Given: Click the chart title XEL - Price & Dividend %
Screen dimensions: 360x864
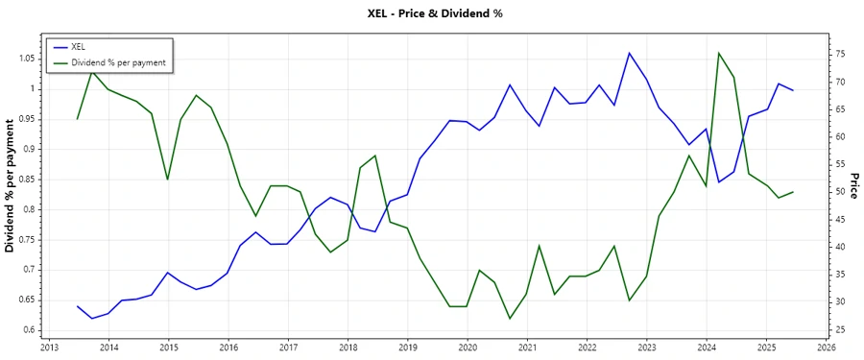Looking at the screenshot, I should tap(436, 12).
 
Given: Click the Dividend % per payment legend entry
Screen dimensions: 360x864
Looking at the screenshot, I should tap(119, 62).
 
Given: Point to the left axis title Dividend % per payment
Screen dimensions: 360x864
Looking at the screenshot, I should tap(11, 185).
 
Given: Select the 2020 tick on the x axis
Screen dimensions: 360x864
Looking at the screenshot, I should tap(468, 347).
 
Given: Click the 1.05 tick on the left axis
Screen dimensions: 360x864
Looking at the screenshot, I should tap(29, 59).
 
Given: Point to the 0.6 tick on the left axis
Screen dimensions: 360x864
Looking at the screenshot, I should tap(32, 330).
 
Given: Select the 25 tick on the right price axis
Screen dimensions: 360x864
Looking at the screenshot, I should tap(840, 330).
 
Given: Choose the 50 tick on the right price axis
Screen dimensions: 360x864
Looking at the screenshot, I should tap(840, 192).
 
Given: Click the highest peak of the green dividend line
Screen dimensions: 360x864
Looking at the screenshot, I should tap(719, 53).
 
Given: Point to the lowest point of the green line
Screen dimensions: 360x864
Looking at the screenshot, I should tap(510, 319).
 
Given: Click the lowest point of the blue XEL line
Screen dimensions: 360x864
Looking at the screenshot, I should tap(92, 318).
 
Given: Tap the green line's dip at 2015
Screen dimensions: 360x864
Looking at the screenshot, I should tap(168, 180).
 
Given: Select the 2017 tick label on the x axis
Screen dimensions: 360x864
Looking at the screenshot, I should tap(288, 347).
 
